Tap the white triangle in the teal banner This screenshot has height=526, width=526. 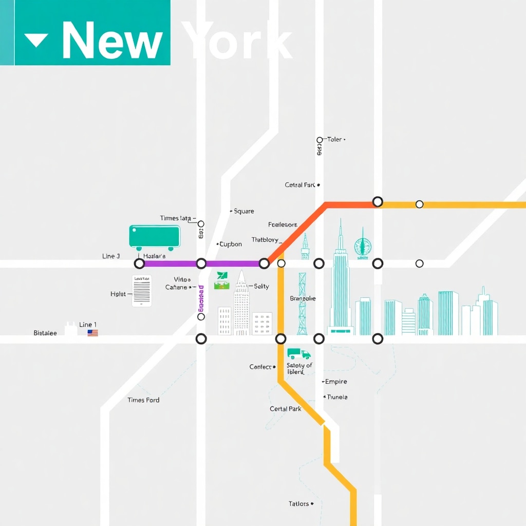(x=36, y=40)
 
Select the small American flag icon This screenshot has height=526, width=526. (x=92, y=333)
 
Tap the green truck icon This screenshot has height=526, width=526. (x=299, y=354)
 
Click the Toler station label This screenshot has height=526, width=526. (x=334, y=139)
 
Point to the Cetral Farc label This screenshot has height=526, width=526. (x=300, y=185)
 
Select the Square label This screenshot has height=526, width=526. (x=243, y=211)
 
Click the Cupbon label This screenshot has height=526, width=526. (x=231, y=244)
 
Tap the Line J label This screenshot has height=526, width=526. (x=111, y=256)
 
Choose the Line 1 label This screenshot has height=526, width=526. (x=88, y=325)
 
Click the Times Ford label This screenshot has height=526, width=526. (x=143, y=400)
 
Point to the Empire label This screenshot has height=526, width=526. (x=336, y=382)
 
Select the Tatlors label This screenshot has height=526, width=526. (x=298, y=504)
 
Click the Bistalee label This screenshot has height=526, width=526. (x=45, y=333)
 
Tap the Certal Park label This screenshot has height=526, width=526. (x=286, y=409)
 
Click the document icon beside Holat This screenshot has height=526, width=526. (x=142, y=291)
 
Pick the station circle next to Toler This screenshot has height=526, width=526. (x=320, y=140)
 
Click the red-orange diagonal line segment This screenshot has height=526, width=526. (x=297, y=232)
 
